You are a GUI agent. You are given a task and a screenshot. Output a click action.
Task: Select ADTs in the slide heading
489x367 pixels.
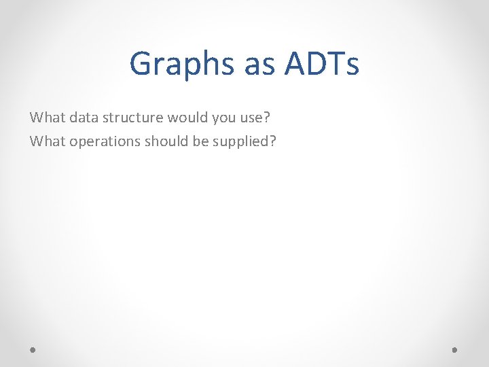click(322, 65)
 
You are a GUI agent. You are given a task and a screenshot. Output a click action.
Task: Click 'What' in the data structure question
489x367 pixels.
click(46, 117)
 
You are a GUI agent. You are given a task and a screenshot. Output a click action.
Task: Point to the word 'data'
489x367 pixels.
click(81, 117)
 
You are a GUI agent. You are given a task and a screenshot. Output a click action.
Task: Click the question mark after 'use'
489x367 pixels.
click(267, 117)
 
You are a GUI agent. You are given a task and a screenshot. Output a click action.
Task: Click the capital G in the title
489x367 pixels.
click(141, 65)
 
